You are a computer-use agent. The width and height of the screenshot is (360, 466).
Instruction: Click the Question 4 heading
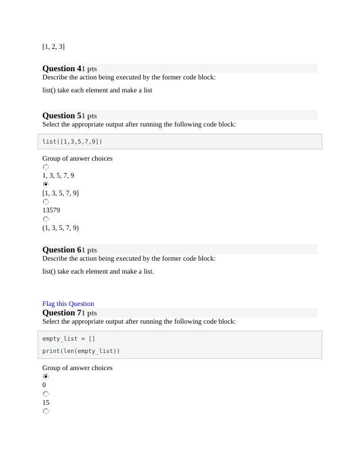coord(62,68)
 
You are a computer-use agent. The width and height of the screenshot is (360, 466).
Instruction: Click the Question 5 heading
coord(62,115)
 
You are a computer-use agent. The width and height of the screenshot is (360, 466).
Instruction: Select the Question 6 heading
coord(62,249)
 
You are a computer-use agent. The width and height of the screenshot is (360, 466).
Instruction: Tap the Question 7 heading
coord(62,312)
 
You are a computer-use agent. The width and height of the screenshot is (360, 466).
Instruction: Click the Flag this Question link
coord(68,304)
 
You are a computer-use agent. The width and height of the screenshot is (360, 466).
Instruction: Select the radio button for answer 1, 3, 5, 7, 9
coord(46,167)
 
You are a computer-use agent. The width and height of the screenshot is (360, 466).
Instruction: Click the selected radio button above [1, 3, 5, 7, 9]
coord(46,184)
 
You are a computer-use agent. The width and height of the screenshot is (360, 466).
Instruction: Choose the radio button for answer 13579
coord(46,202)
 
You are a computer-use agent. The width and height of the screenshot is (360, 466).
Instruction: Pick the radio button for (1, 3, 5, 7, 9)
coord(46,219)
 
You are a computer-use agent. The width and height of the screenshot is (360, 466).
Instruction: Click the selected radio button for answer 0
coord(46,377)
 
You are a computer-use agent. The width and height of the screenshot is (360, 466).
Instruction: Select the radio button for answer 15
coord(46,394)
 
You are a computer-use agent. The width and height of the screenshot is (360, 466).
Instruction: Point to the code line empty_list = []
coord(69,338)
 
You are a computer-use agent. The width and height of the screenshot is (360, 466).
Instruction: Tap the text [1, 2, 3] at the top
coord(54,46)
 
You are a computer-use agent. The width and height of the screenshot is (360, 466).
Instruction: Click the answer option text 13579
coord(51,210)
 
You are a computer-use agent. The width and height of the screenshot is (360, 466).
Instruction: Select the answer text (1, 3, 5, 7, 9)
coord(61,228)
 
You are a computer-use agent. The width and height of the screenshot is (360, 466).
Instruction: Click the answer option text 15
coord(46,402)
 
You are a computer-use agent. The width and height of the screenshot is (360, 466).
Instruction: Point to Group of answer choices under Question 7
coord(77,368)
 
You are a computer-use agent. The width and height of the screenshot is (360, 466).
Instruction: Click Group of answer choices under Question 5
coord(77,158)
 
